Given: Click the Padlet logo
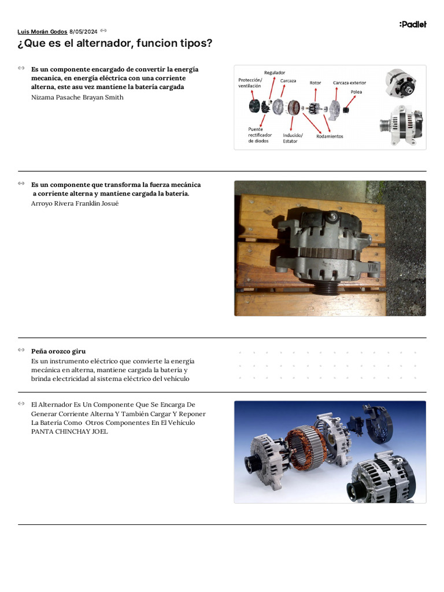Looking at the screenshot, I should pyautogui.click(x=413, y=24).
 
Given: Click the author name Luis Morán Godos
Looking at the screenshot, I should pyautogui.click(x=42, y=32).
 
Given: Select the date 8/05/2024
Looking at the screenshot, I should pyautogui.click(x=83, y=32).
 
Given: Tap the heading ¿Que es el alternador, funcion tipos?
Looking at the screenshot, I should pyautogui.click(x=115, y=44).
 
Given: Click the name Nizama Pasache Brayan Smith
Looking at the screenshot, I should pyautogui.click(x=77, y=98).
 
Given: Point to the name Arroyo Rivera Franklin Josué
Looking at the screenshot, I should pyautogui.click(x=75, y=203).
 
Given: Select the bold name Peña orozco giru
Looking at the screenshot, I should pyautogui.click(x=58, y=351).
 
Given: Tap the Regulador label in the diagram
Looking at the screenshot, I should pyautogui.click(x=275, y=72).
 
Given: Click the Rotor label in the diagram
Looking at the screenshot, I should pyautogui.click(x=315, y=83).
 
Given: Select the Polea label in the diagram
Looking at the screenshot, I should pyautogui.click(x=357, y=92).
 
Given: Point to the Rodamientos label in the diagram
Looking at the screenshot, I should pyautogui.click(x=330, y=136).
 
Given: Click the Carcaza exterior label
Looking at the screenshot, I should pyautogui.click(x=349, y=83).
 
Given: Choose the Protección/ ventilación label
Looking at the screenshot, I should pyautogui.click(x=250, y=83).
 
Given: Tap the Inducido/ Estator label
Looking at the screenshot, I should pyautogui.click(x=293, y=138).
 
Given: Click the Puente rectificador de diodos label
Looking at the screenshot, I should pyautogui.click(x=260, y=135).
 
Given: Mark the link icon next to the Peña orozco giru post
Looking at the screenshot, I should pyautogui.click(x=21, y=350).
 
